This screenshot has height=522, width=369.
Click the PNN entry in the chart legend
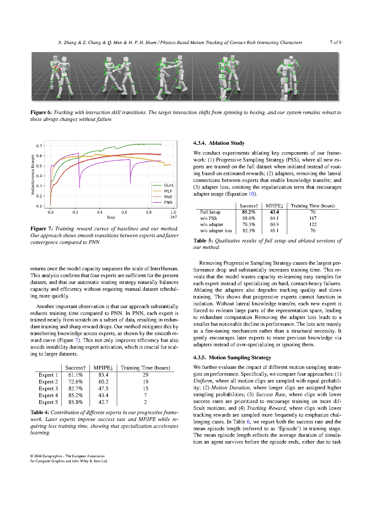click(x=168, y=202)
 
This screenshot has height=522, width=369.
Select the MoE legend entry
click(x=168, y=197)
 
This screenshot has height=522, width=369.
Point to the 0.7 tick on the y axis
click(x=39, y=146)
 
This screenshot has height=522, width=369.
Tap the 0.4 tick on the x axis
click(x=99, y=212)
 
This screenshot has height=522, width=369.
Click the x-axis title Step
click(x=111, y=217)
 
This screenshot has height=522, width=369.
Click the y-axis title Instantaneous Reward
click(x=33, y=175)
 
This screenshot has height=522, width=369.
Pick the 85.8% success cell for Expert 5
click(x=76, y=402)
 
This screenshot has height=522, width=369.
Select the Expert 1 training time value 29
click(x=145, y=375)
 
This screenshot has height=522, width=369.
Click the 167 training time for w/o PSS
click(x=313, y=218)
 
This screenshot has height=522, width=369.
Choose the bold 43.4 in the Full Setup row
click(x=274, y=212)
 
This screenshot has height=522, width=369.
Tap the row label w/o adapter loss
click(x=216, y=231)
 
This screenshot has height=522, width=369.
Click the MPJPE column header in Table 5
click(x=274, y=206)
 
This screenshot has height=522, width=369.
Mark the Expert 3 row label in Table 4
click(x=48, y=388)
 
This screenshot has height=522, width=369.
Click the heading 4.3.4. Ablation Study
click(x=219, y=143)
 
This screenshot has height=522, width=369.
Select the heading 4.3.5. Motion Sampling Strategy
click(x=232, y=357)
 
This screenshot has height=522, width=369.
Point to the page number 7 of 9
click(x=335, y=42)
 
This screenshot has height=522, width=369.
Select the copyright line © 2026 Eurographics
click(x=67, y=456)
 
